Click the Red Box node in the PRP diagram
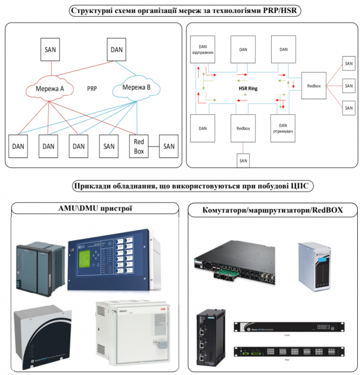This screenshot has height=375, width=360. point(138,146)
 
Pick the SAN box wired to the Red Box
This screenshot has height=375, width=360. point(169,146)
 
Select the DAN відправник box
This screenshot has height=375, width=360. point(204,49)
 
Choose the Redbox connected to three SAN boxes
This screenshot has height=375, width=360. point(314,86)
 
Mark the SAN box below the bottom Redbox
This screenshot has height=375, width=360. point(243,161)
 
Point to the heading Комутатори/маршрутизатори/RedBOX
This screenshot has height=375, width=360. point(272,211)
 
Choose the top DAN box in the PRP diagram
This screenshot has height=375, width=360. point(116,50)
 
